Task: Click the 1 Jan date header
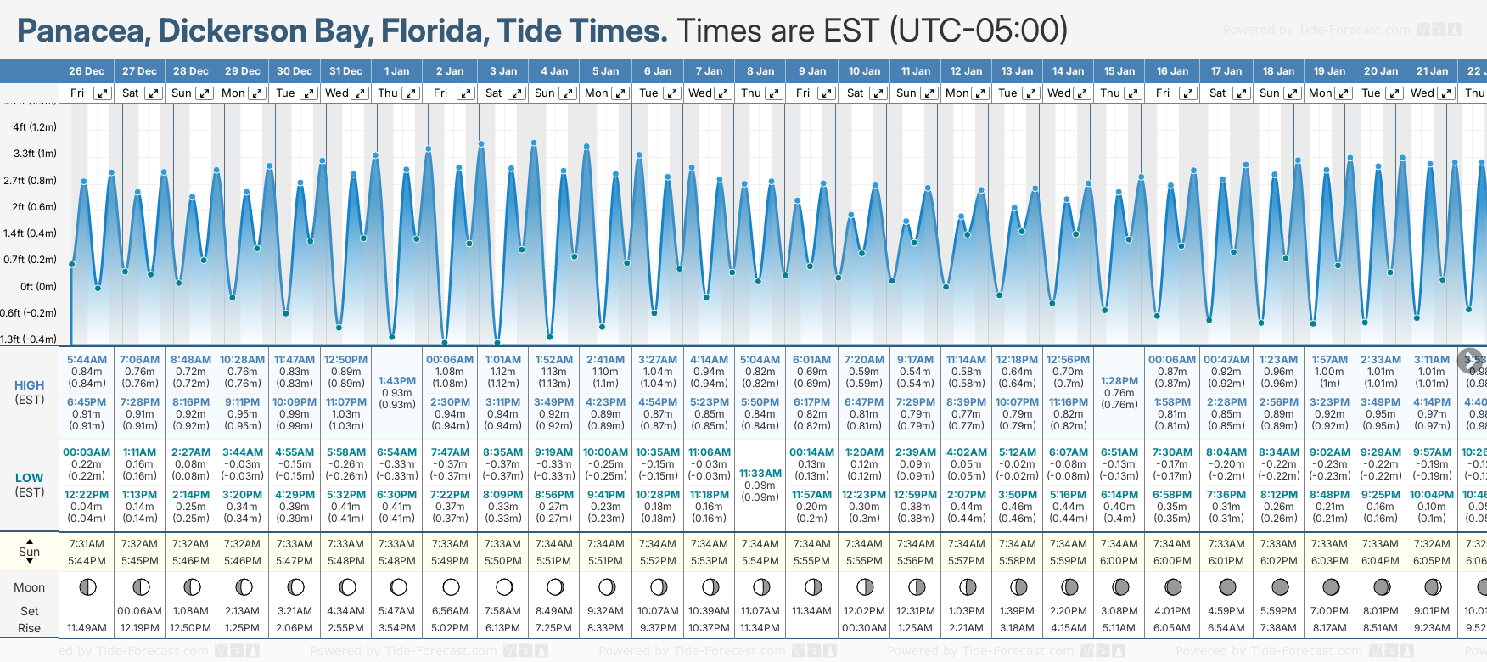click(396, 71)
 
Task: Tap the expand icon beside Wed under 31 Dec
click(360, 93)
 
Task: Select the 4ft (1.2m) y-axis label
click(35, 127)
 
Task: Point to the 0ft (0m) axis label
click(39, 287)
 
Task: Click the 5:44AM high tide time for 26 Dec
click(87, 360)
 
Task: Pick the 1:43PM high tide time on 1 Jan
click(397, 381)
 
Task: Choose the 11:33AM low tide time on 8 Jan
click(760, 474)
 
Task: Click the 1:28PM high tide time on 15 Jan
click(1119, 381)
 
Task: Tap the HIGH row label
click(29, 385)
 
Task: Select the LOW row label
click(29, 478)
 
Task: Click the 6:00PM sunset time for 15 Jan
click(1119, 561)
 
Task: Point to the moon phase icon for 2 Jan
click(451, 587)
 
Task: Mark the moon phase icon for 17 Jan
click(1227, 587)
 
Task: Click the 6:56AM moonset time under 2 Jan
click(450, 611)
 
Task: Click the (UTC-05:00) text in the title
click(978, 31)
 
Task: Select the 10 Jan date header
click(865, 71)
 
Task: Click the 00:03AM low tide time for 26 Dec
click(87, 452)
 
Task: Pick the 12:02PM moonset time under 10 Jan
click(864, 611)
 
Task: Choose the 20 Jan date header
click(1381, 71)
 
